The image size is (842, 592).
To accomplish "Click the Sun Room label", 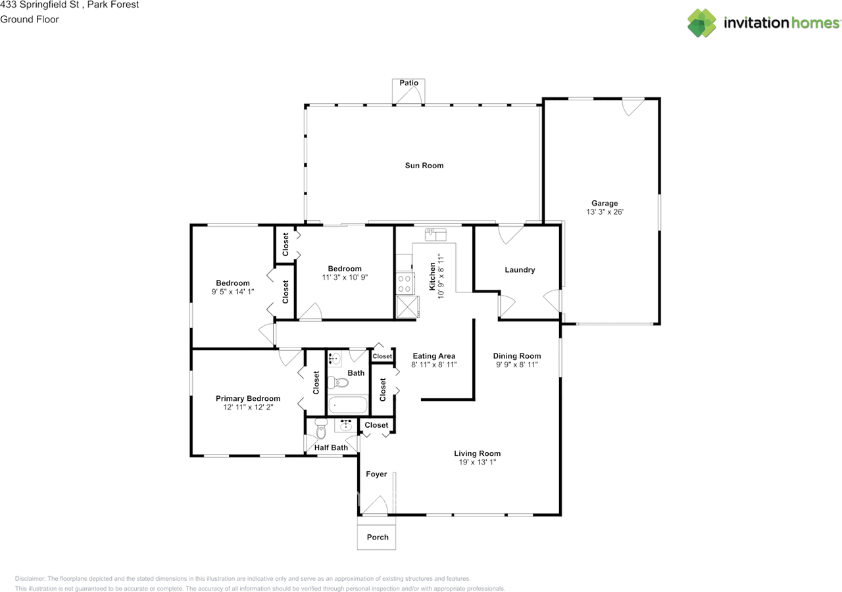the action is point(424,166).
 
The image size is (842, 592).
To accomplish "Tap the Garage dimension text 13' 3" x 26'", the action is point(605,212).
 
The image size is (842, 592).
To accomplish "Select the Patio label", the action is point(409,83).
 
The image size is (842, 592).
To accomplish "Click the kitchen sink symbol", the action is point(435,235).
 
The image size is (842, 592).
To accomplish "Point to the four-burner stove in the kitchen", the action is point(405,284).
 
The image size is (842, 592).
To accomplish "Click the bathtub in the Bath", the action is point(348,405).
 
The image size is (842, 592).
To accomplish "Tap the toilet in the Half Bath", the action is point(321,428).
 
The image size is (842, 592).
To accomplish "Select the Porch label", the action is point(378,537).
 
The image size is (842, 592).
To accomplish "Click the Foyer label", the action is point(376,474).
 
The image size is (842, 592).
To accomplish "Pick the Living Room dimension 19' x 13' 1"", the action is point(478,462).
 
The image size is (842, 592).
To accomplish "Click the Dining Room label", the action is point(517,356).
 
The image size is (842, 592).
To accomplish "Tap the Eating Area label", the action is point(433,356).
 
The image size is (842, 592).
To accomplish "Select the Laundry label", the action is point(520,270).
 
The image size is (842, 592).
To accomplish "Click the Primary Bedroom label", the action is point(248,398).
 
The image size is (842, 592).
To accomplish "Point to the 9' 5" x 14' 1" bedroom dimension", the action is point(233,292).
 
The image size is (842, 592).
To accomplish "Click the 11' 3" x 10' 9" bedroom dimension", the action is point(345,277).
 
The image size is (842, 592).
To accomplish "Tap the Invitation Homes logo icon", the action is point(701,23).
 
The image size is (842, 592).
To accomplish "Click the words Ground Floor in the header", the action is point(30,20).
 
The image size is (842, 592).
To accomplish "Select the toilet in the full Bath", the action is point(338,382).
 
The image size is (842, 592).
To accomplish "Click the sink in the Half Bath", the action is point(345,425).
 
